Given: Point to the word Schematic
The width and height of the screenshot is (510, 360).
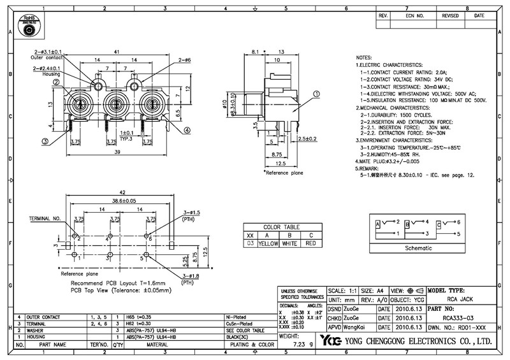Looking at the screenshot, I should [x=419, y=248].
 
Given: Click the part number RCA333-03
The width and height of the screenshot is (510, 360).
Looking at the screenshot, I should [x=456, y=317].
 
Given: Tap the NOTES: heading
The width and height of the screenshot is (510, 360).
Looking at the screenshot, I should [x=368, y=57].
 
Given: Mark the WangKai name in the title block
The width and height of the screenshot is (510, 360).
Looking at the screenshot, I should [x=356, y=326].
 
